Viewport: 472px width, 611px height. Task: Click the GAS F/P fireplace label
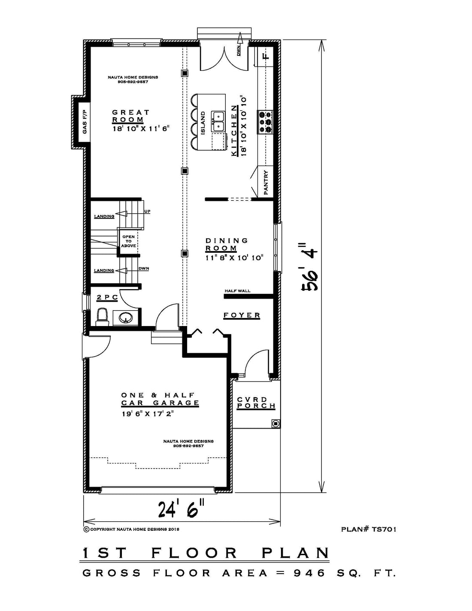[85, 122]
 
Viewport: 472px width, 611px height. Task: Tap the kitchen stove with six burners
[265, 122]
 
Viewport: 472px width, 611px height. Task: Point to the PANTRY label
[266, 183]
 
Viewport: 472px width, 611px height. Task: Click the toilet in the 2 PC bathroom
[102, 317]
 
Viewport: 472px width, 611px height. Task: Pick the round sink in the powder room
[125, 318]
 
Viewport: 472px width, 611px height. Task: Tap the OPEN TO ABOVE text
[129, 241]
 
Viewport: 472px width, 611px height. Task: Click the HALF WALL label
[238, 291]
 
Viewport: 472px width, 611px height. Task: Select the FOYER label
[242, 315]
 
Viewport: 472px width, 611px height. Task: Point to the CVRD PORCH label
[256, 402]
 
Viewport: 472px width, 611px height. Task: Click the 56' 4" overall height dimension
[310, 266]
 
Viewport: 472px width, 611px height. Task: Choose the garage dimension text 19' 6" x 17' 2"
[148, 414]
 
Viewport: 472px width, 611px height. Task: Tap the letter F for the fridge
[266, 56]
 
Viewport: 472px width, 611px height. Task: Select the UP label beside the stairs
[147, 212]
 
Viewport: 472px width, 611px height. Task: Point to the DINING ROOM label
[227, 244]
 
